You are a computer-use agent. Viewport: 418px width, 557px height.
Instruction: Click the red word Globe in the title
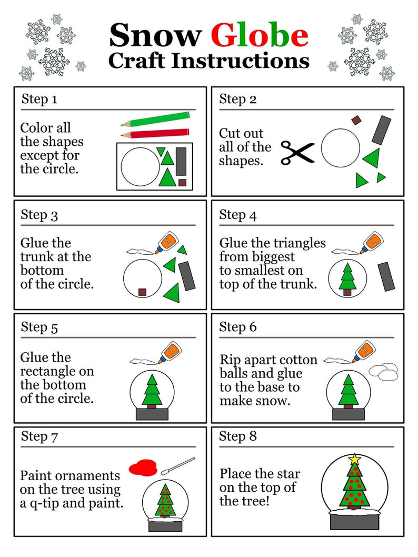pos(260,35)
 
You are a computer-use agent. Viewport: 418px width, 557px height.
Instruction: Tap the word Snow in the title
pos(155,35)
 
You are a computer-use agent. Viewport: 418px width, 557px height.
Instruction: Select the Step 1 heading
pos(39,99)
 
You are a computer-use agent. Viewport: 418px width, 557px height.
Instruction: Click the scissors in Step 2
pos(297,153)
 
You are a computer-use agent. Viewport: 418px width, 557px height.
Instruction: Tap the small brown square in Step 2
pos(356,121)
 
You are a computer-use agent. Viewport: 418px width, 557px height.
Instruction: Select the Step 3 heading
pos(39,215)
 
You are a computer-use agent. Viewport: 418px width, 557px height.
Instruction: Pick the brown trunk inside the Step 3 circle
pos(142,292)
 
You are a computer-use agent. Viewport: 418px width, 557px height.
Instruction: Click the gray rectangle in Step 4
pos(386,276)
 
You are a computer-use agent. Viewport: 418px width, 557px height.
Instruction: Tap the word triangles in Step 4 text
pos(300,243)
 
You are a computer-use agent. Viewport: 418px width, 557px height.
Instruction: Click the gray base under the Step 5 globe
pos(152,414)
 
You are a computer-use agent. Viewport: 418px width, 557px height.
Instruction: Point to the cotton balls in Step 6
pos(383,370)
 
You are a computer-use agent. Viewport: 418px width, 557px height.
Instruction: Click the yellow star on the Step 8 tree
pos(355,459)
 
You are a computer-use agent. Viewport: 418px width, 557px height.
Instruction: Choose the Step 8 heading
pos(238,436)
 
